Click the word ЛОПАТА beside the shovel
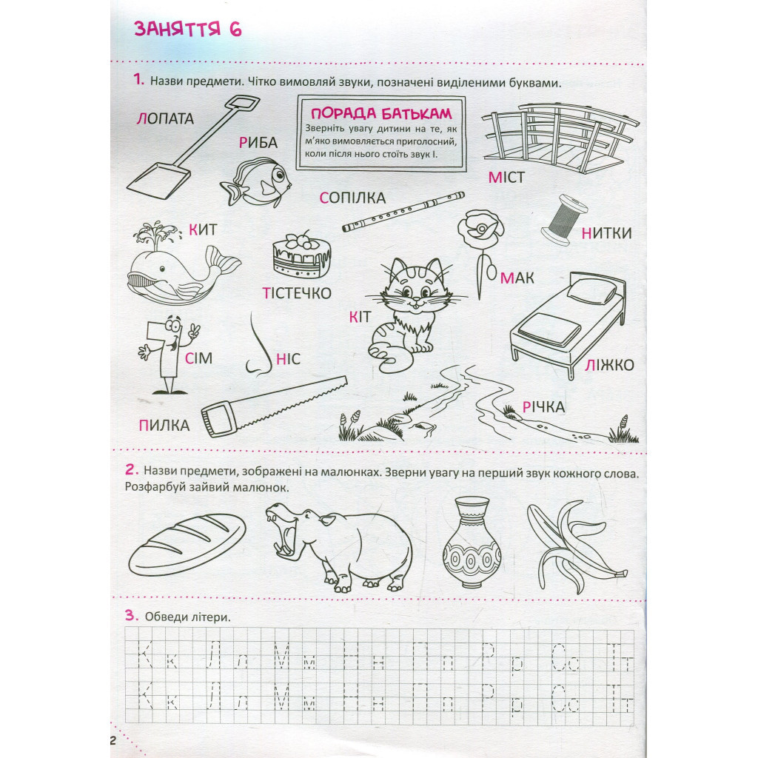click(x=165, y=118)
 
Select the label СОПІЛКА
click(x=352, y=198)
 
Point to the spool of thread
click(x=564, y=220)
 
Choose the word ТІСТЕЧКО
click(x=297, y=293)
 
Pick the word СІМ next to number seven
click(x=198, y=358)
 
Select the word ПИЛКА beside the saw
click(x=164, y=426)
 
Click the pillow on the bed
click(x=591, y=290)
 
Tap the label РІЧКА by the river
click(x=543, y=407)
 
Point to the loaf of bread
click(x=187, y=544)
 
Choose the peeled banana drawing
click(x=576, y=546)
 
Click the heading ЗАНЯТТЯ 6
click(x=187, y=29)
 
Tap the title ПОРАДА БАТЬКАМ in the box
click(x=381, y=113)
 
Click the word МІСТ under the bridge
click(x=506, y=178)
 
